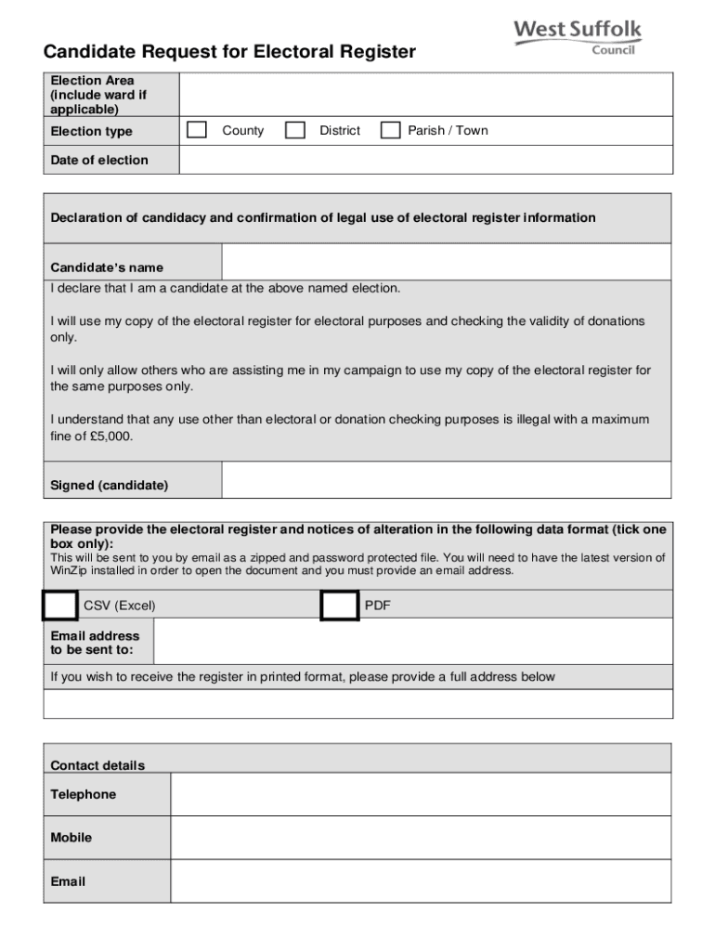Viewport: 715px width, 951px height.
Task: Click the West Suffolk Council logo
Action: point(578,37)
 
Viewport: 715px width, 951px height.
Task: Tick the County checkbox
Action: point(197,130)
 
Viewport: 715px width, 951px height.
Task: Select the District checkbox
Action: point(295,130)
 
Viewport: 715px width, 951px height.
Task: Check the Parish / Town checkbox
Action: point(391,130)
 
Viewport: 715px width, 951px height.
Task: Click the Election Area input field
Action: point(424,94)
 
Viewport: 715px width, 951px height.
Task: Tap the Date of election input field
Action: point(424,160)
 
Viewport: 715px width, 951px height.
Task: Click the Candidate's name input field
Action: point(446,262)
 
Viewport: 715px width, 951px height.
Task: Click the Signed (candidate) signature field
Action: point(446,480)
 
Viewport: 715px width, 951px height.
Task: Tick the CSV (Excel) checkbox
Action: point(60,606)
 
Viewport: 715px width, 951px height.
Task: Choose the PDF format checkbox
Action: point(339,606)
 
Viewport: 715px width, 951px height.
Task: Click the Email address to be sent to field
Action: point(412,642)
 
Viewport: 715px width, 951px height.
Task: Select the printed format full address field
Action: point(357,704)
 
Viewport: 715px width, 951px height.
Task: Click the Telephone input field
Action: point(421,794)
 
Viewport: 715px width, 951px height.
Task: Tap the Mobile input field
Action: point(421,838)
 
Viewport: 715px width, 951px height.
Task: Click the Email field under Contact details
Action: point(421,881)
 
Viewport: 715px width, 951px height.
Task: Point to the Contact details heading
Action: point(97,765)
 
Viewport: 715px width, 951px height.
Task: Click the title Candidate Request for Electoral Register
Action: point(229,52)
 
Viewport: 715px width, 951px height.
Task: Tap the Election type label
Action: point(91,131)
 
